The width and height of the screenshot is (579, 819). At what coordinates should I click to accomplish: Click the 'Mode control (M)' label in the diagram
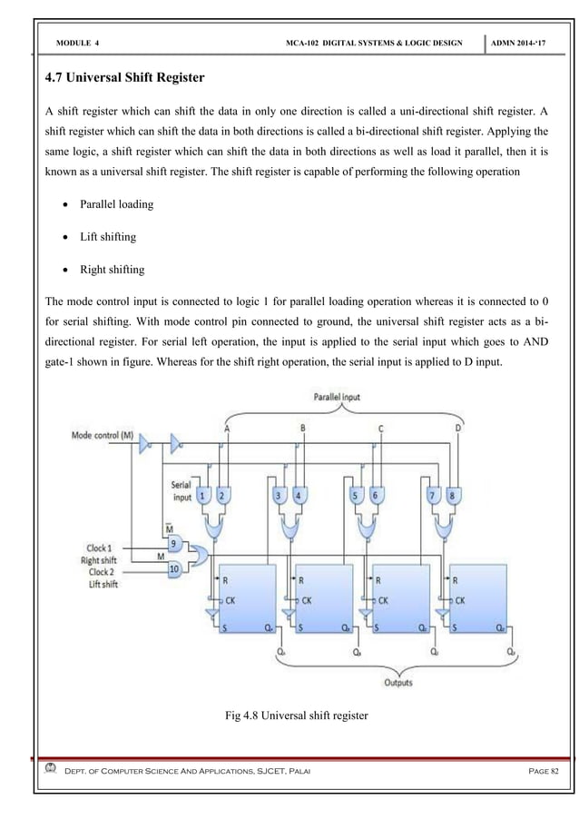pyautogui.click(x=102, y=435)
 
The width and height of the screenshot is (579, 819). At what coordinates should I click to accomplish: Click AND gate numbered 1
pyautogui.click(x=204, y=494)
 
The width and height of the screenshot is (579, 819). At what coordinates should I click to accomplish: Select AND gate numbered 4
pyautogui.click(x=299, y=494)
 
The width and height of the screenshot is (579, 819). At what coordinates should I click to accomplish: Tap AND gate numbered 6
pyautogui.click(x=377, y=494)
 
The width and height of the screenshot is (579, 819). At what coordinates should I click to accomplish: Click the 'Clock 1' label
pyautogui.click(x=101, y=548)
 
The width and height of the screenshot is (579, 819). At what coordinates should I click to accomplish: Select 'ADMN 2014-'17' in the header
pyautogui.click(x=531, y=44)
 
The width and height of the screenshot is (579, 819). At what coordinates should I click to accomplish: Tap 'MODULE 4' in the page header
pyautogui.click(x=78, y=44)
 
